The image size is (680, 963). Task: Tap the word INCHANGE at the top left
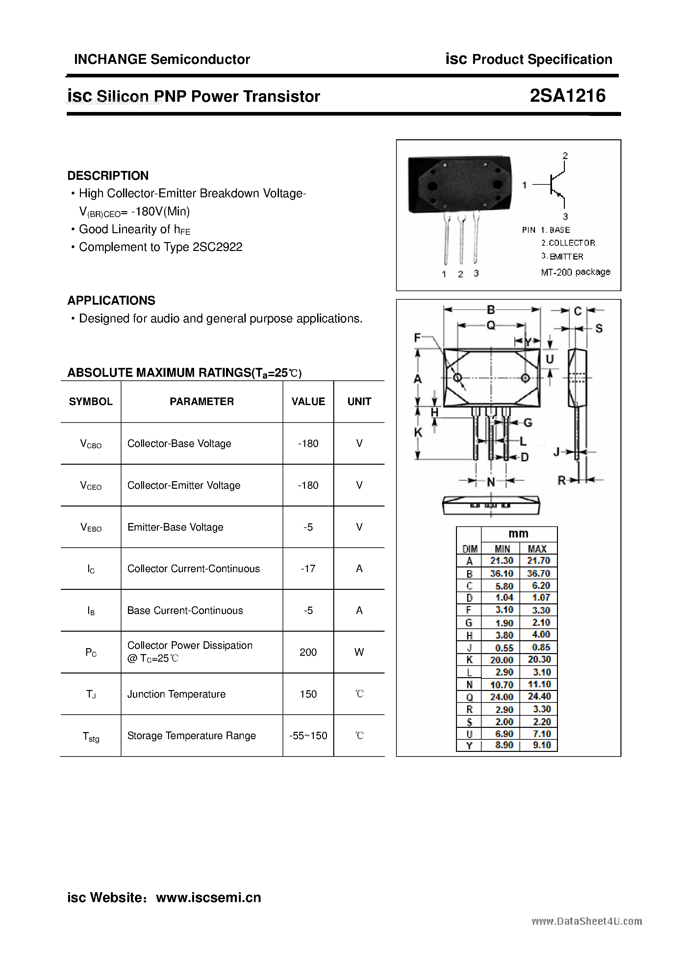point(110,60)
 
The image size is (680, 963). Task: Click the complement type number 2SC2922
point(217,247)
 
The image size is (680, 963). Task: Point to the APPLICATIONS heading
point(111,301)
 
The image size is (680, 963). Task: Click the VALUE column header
point(308,402)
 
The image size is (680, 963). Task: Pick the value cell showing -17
point(308,569)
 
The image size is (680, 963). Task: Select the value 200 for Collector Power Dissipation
point(308,652)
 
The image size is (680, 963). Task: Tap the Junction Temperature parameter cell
point(176,694)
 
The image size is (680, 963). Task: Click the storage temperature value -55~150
point(308,736)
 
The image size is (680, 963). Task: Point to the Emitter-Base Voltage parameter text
point(175,527)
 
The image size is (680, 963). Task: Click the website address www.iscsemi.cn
point(208,897)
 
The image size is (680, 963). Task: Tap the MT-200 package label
point(575,272)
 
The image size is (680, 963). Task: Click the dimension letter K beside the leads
point(418,432)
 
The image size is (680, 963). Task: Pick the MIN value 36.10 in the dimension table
point(501,573)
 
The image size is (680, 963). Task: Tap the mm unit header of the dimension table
point(518,534)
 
